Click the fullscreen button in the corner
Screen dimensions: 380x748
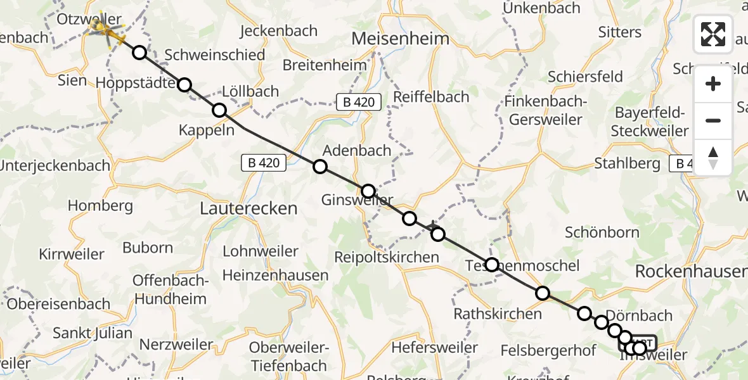[713, 34]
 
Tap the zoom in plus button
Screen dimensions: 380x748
[713, 84]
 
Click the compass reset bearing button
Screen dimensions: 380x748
[713, 158]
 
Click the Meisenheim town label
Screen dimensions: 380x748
[400, 39]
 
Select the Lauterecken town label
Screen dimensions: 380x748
[248, 208]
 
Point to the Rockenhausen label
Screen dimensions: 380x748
[690, 272]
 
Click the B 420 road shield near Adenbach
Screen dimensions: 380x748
[264, 163]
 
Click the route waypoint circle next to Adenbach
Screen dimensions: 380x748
[320, 167]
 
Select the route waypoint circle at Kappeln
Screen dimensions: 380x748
[219, 111]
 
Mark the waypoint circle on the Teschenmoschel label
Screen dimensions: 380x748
[492, 265]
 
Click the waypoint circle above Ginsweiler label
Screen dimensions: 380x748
[368, 191]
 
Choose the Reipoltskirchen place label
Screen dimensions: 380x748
[387, 257]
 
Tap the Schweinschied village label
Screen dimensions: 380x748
[214, 55]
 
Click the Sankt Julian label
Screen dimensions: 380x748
[93, 333]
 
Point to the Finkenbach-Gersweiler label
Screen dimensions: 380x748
[544, 110]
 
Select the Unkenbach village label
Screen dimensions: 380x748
[541, 8]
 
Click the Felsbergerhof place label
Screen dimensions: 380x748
[549, 350]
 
